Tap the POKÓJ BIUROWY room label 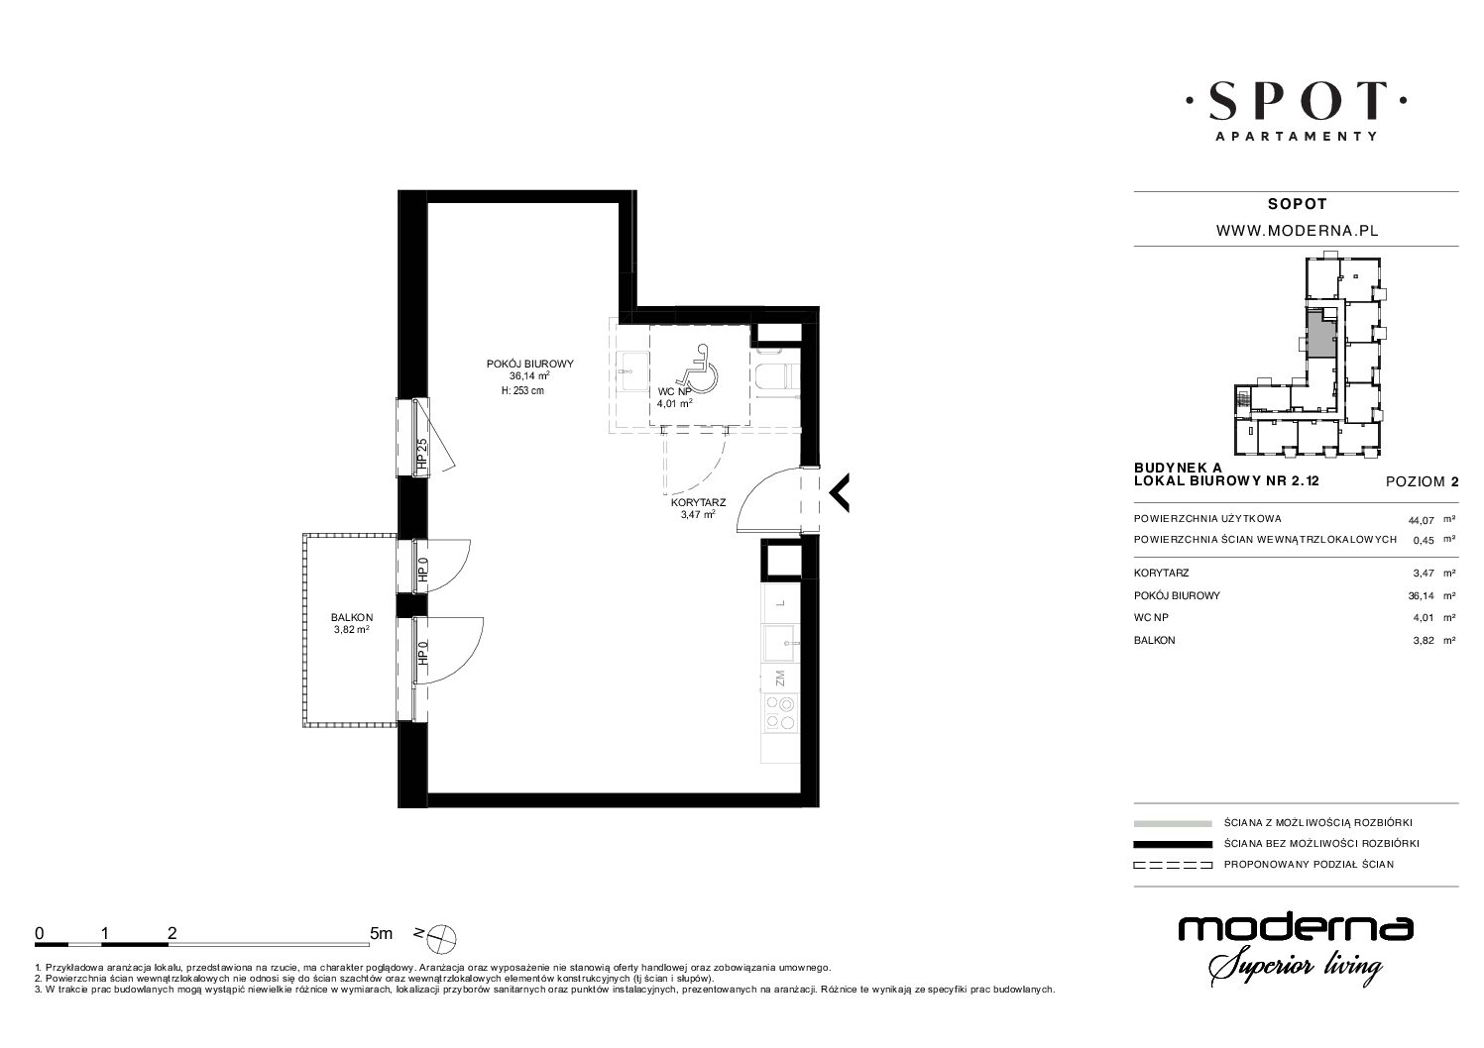(x=529, y=365)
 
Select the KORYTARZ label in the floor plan (x=698, y=502)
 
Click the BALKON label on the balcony (x=352, y=618)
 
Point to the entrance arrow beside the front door (x=840, y=492)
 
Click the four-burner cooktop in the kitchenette (x=780, y=712)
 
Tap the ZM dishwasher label (x=780, y=678)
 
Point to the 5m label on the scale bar (x=381, y=933)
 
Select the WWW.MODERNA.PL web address (x=1298, y=231)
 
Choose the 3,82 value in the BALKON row (x=1419, y=641)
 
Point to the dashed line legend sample (x=1173, y=865)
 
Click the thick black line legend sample (x=1173, y=844)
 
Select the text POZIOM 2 (x=1423, y=482)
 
